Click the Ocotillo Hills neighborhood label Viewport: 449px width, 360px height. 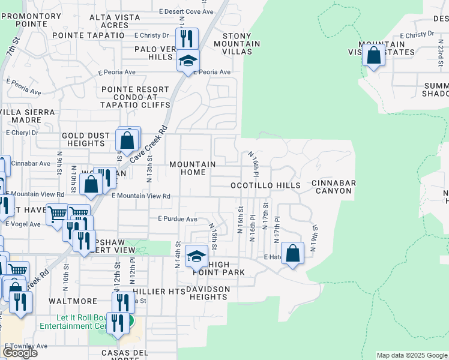click(266, 186)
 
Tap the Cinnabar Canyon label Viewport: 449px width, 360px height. click(334, 187)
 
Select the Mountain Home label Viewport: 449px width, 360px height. click(192, 168)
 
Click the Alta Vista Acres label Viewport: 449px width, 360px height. click(118, 22)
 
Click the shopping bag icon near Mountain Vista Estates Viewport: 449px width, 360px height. click(374, 56)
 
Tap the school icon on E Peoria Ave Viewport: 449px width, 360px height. click(188, 61)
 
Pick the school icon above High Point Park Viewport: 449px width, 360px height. click(196, 256)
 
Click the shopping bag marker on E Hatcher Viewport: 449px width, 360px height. click(292, 253)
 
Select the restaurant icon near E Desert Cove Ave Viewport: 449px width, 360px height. click(187, 38)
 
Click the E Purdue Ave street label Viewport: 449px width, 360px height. click(178, 220)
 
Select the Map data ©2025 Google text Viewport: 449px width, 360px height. click(411, 355)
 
